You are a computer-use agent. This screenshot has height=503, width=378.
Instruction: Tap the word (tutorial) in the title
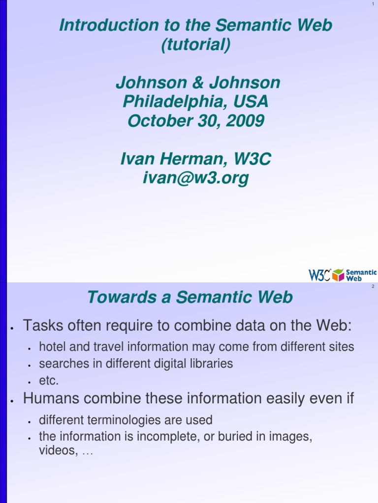pyautogui.click(x=195, y=45)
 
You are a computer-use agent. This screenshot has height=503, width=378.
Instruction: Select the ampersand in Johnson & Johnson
pyautogui.click(x=198, y=83)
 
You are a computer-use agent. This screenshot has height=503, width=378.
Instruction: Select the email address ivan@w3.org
pyautogui.click(x=195, y=178)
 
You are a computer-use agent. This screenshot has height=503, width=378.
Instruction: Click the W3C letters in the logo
pyautogui.click(x=319, y=275)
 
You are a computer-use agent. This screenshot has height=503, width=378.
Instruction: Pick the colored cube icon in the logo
pyautogui.click(x=338, y=275)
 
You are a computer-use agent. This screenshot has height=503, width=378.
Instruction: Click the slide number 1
pyautogui.click(x=374, y=5)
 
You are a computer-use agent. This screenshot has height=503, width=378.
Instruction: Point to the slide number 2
pyautogui.click(x=374, y=286)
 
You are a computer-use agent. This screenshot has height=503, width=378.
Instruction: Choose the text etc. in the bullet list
pyautogui.click(x=49, y=381)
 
